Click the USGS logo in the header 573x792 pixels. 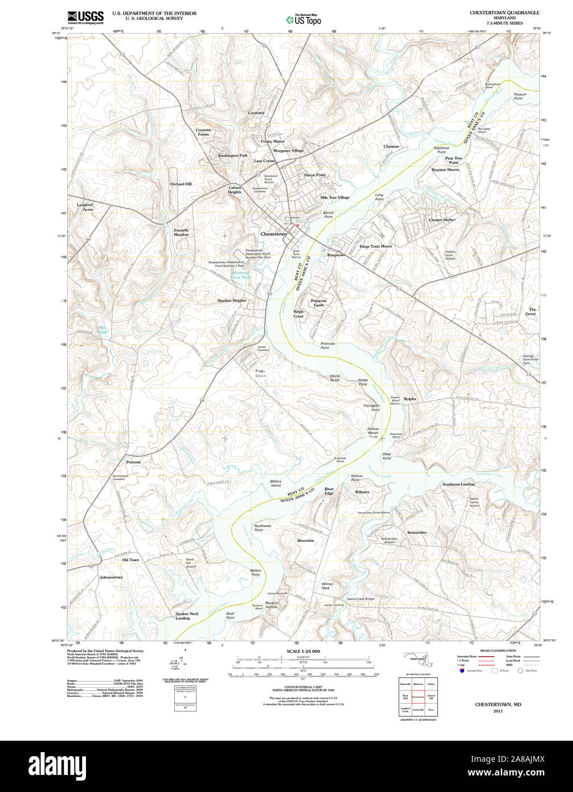click(x=85, y=17)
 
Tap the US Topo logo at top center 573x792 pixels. click(x=303, y=19)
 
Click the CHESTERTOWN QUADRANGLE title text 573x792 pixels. click(x=504, y=12)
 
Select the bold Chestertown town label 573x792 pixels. click(x=274, y=234)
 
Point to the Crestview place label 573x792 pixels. click(x=256, y=113)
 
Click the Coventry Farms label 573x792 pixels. click(x=203, y=132)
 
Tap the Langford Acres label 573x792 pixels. click(x=84, y=207)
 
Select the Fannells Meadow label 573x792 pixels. click(x=181, y=232)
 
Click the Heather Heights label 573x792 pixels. click(x=231, y=300)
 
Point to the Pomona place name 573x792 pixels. click(x=133, y=462)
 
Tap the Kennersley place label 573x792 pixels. click(x=417, y=532)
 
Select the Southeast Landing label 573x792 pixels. click(x=459, y=484)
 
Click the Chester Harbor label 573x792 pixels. click(x=442, y=219)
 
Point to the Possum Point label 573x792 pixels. click(x=518, y=96)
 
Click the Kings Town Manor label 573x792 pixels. click(x=376, y=246)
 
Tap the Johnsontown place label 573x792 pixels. click(x=111, y=577)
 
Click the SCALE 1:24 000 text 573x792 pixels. click(x=303, y=651)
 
